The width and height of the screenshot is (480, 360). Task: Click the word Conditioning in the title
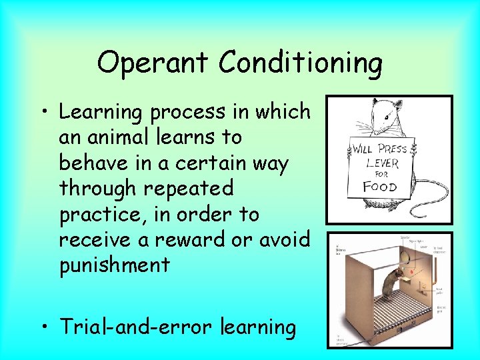pyautogui.click(x=300, y=64)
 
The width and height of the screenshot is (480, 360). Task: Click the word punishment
pyautogui.click(x=114, y=266)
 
